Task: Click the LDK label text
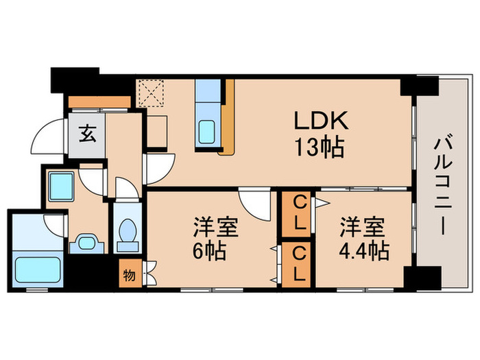pos(322,121)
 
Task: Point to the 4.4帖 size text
pos(364,251)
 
